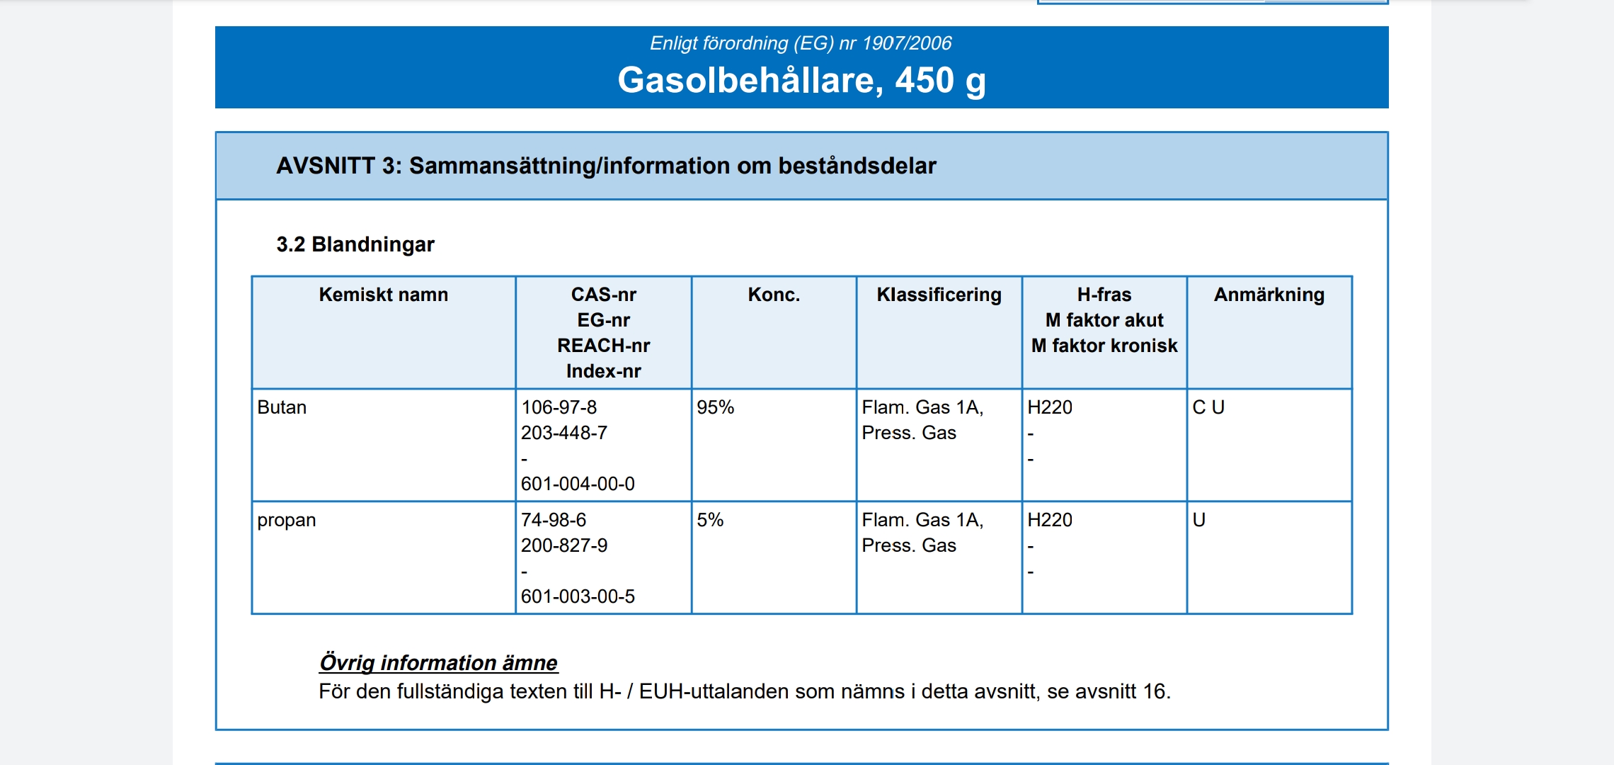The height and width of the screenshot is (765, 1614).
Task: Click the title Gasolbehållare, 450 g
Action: [801, 80]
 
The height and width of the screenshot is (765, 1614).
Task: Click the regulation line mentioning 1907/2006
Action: [801, 43]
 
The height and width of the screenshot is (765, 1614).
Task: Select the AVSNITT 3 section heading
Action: [606, 166]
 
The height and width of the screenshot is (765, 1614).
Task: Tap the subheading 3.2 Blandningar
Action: [355, 244]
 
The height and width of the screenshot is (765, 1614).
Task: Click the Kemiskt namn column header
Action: [383, 295]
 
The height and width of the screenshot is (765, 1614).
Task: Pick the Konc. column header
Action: [774, 295]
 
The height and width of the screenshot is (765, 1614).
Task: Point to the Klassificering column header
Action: [939, 295]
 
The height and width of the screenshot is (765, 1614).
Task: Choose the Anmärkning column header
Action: [1269, 295]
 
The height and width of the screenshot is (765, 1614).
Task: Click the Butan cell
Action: [282, 407]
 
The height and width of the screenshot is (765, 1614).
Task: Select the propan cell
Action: [286, 520]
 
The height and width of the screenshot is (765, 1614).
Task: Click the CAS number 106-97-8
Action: [559, 407]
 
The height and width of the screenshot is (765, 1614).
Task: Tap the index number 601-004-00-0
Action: [578, 484]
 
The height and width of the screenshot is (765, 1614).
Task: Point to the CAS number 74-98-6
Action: [554, 520]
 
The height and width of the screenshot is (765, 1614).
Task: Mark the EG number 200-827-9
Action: [564, 545]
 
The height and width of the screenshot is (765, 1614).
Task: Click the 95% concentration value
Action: [715, 407]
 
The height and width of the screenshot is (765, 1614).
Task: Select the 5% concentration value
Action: [710, 520]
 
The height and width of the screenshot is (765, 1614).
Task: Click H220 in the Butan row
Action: [1049, 407]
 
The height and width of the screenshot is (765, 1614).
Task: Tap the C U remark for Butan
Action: [1208, 407]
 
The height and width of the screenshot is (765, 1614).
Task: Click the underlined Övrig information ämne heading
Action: [438, 663]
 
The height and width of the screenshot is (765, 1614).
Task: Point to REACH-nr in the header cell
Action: [603, 346]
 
